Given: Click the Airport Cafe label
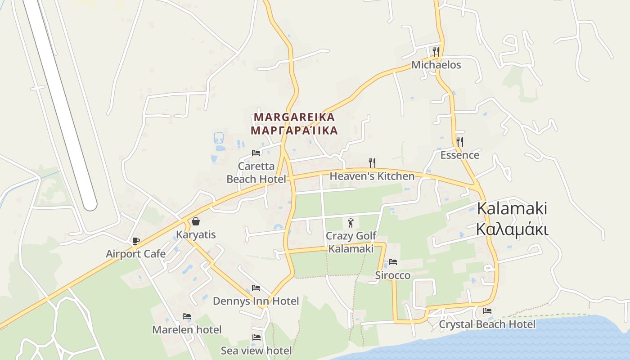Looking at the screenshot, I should [135, 254].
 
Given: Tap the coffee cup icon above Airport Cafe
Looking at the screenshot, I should [135, 241].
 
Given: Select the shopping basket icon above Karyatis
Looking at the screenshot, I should [196, 221].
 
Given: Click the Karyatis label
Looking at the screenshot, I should [196, 234].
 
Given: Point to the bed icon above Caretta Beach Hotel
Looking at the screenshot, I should [256, 153].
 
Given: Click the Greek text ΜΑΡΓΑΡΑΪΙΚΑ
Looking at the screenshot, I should [294, 130].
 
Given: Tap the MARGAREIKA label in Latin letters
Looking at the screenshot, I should [294, 117].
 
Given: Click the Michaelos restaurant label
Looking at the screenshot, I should [436, 65].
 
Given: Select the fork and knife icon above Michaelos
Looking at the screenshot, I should [436, 51].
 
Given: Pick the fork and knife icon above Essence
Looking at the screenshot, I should [459, 142].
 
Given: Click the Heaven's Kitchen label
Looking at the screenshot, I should [372, 176].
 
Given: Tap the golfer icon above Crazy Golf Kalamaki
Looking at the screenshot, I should [351, 222].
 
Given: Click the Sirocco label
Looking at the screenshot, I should [392, 275].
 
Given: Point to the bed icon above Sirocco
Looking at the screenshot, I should [393, 261].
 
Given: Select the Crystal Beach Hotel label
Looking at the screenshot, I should [487, 324].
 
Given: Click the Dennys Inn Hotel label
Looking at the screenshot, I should [256, 301].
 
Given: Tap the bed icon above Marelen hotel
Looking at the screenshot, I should [187, 317].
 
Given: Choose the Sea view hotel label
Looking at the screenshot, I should [256, 350].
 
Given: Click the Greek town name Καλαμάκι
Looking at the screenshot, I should [512, 229].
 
